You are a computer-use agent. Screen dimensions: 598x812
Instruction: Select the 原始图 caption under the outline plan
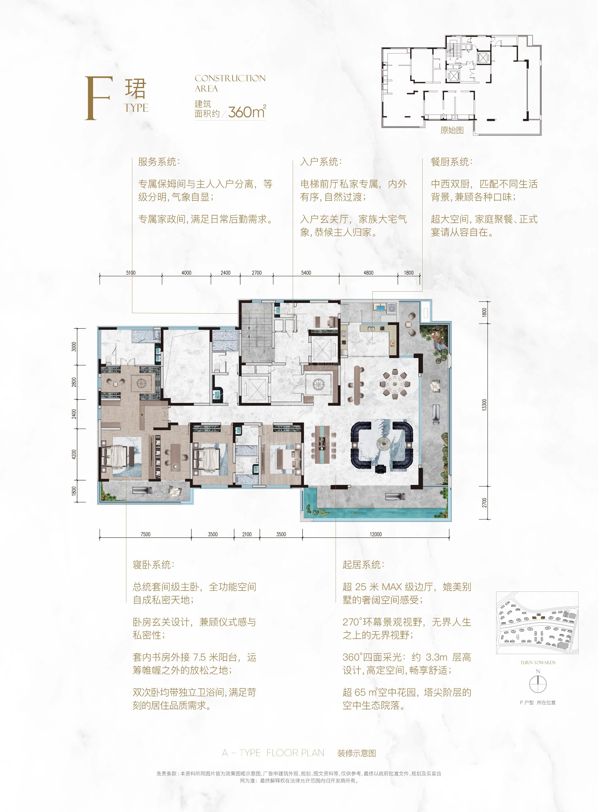(x=452, y=130)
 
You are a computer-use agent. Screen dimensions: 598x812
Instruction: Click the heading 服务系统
(x=158, y=162)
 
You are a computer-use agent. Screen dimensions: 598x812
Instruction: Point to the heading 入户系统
(x=321, y=162)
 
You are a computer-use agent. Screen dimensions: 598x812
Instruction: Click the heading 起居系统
(x=363, y=565)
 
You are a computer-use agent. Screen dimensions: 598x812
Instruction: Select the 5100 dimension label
(x=131, y=273)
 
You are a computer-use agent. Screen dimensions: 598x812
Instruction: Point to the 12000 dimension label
(x=376, y=534)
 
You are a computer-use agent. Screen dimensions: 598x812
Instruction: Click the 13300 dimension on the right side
(x=484, y=405)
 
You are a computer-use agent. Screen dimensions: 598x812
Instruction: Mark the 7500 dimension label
(x=145, y=534)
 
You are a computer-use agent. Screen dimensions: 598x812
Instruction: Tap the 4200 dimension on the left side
(x=74, y=454)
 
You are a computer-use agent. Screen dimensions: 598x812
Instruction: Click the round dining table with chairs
(x=395, y=384)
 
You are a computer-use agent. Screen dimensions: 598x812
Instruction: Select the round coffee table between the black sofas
(x=382, y=443)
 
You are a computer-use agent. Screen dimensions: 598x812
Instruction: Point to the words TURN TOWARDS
(x=538, y=663)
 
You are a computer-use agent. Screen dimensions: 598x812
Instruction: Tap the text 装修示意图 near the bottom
(x=357, y=753)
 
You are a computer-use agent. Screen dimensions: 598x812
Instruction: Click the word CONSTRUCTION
(x=230, y=78)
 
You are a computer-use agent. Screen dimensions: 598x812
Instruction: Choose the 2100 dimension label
(x=247, y=534)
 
